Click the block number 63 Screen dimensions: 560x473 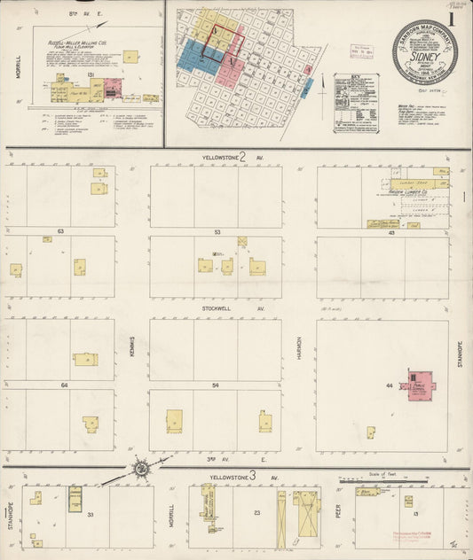pos(61,230)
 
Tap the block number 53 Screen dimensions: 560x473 pos(217,230)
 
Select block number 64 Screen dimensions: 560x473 pos(64,385)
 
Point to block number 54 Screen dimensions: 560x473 pos(217,385)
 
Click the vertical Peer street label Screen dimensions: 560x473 pos(339,514)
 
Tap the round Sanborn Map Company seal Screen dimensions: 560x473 pos(425,51)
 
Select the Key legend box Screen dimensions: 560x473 pos(355,103)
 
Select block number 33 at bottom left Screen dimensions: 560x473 pos(90,513)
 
